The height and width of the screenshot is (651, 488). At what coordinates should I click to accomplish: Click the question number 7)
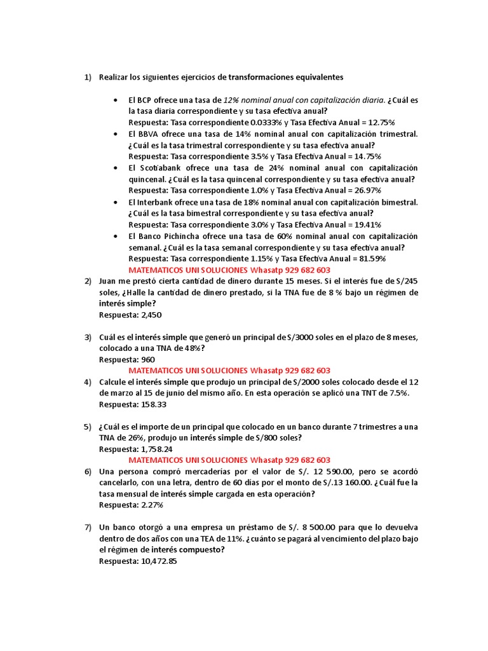pyautogui.click(x=88, y=527)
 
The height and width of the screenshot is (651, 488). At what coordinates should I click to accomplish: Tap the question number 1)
pyautogui.click(x=88, y=77)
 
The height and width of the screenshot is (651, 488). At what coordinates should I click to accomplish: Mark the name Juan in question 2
pyautogui.click(x=109, y=280)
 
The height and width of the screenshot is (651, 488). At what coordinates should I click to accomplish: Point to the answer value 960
pyautogui.click(x=147, y=359)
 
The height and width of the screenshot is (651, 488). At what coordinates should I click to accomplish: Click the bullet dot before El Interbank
pyautogui.click(x=115, y=202)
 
